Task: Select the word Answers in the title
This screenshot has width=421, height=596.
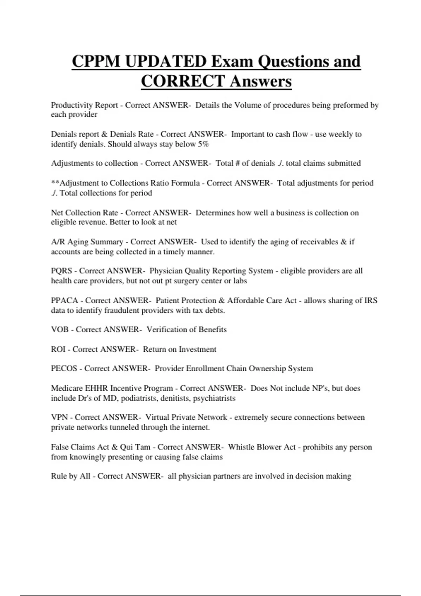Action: [261, 81]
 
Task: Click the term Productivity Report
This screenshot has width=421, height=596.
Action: [84, 105]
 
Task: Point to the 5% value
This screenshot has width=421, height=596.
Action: [203, 144]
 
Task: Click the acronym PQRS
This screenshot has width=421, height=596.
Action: [61, 271]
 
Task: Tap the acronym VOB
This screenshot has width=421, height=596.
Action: [60, 330]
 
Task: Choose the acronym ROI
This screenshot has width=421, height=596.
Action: [58, 350]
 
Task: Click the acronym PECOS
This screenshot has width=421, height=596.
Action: [64, 368]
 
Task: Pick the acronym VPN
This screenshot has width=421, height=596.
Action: [59, 418]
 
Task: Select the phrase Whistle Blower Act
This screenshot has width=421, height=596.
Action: [262, 447]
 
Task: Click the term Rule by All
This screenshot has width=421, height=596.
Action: [71, 476]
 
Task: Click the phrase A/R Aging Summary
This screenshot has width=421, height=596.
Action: [87, 242]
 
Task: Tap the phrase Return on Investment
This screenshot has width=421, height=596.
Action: [180, 350]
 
